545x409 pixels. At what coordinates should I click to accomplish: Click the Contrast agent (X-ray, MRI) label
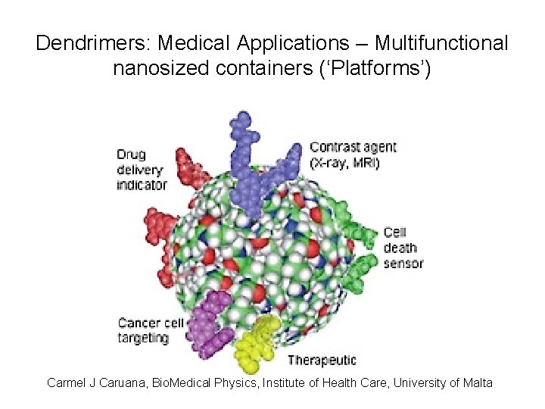(x=352, y=155)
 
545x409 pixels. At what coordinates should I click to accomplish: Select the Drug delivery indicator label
(x=141, y=170)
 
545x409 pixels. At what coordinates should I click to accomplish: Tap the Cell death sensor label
(x=403, y=248)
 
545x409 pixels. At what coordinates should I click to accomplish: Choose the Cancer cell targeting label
(x=150, y=330)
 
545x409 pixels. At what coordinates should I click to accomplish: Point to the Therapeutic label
(x=321, y=360)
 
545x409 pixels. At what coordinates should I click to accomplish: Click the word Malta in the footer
(x=478, y=382)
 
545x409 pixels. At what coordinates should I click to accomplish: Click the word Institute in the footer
(x=285, y=382)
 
